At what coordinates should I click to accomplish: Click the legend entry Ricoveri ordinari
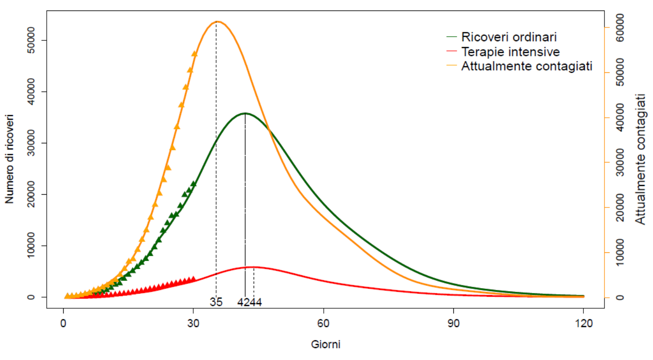(x=509, y=37)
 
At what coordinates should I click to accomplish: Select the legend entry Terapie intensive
(x=510, y=51)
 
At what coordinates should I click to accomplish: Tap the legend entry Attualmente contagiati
(x=527, y=66)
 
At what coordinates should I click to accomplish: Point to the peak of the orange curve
(x=218, y=22)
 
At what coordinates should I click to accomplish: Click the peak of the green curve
(x=245, y=113)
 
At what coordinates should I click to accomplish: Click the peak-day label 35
(x=216, y=302)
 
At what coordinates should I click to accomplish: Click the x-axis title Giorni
(x=326, y=344)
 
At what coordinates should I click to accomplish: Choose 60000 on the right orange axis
(x=620, y=27)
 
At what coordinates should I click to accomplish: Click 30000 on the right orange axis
(x=620, y=163)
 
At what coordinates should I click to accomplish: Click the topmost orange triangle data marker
(x=194, y=54)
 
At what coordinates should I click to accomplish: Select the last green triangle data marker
(x=194, y=184)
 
